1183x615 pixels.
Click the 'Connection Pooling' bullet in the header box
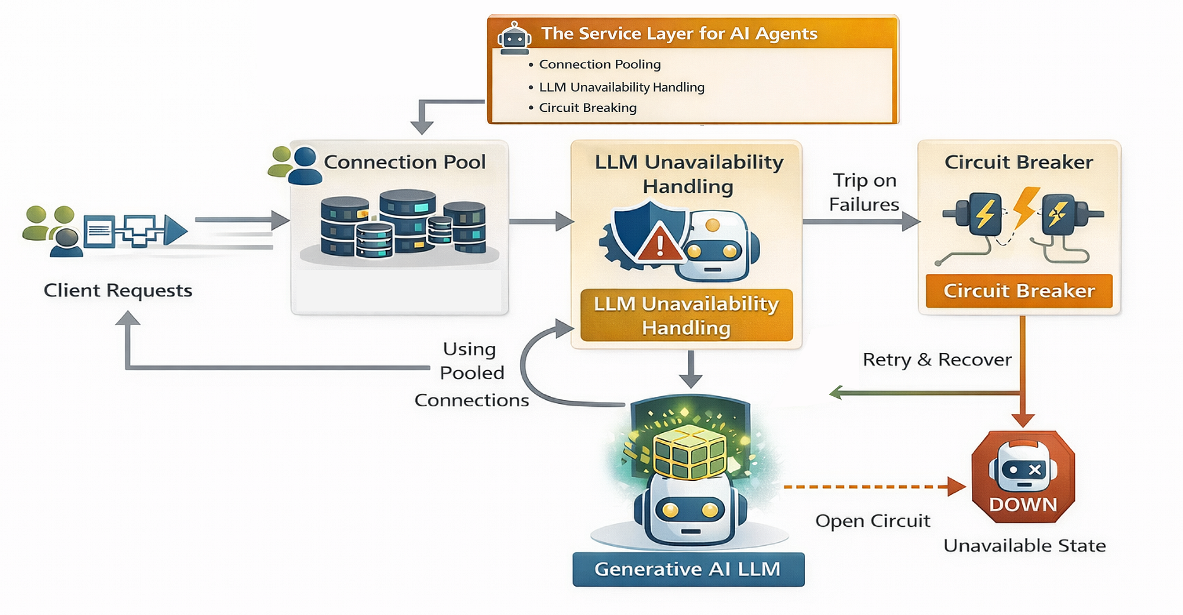600,64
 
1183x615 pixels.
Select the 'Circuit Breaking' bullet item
588,108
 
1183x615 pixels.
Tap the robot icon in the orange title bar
514,38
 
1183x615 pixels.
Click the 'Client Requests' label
118,290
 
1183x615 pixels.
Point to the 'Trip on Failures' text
864,192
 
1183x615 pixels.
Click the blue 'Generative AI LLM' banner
689,569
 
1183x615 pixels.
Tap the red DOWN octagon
1023,477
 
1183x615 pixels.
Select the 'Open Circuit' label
872,521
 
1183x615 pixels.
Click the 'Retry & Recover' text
937,360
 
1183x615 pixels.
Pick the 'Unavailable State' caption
1024,545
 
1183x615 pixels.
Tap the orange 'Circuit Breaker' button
1019,291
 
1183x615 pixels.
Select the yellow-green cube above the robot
689,451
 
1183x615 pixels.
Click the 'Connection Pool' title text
405,162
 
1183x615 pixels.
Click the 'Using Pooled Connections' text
471,374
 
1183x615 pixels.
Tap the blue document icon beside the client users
99,231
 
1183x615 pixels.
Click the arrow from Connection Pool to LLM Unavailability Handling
541,222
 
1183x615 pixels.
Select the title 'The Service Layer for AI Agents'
680,34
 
